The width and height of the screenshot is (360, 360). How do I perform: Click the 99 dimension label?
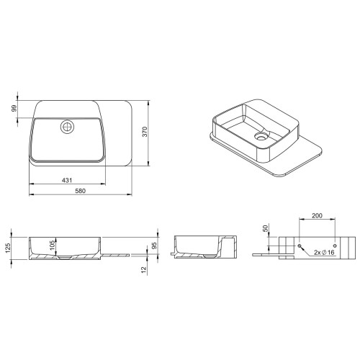click(x=14, y=109)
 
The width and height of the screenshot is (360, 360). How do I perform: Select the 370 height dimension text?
click(x=145, y=132)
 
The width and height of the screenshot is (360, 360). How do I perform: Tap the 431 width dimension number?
click(x=67, y=180)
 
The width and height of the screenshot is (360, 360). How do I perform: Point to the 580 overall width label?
click(x=81, y=191)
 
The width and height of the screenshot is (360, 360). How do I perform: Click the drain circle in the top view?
click(x=68, y=127)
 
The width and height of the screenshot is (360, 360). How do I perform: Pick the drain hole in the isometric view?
click(x=261, y=136)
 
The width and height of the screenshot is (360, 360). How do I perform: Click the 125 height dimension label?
click(x=8, y=248)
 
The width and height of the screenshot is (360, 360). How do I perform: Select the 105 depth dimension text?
click(x=53, y=246)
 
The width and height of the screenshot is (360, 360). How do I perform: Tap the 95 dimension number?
click(x=154, y=246)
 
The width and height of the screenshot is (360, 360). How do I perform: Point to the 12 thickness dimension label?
click(x=144, y=270)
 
